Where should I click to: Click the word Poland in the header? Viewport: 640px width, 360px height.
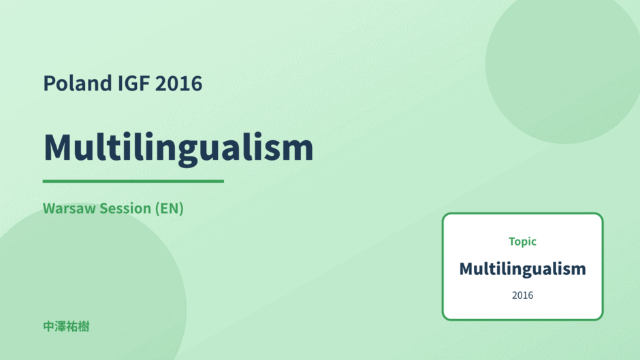(78, 83)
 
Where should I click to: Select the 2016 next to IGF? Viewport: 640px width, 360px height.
(179, 83)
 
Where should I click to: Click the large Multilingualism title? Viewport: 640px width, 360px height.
(178, 148)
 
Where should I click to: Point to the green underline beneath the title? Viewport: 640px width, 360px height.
(133, 181)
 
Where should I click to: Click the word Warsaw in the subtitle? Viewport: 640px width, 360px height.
(69, 208)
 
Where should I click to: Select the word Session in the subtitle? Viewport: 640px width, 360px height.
(125, 208)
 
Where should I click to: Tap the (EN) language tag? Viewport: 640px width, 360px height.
(170, 208)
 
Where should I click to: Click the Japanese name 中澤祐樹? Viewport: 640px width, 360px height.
(66, 327)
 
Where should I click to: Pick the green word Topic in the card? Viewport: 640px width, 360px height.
(522, 242)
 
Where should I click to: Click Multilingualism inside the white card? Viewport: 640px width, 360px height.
(522, 269)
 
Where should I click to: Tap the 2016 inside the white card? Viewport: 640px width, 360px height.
(522, 295)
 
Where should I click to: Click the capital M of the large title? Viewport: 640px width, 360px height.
(59, 148)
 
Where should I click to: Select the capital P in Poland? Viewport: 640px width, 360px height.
(49, 84)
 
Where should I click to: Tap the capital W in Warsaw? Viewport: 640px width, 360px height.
(50, 208)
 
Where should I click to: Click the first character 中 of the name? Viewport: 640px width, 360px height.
(48, 327)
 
